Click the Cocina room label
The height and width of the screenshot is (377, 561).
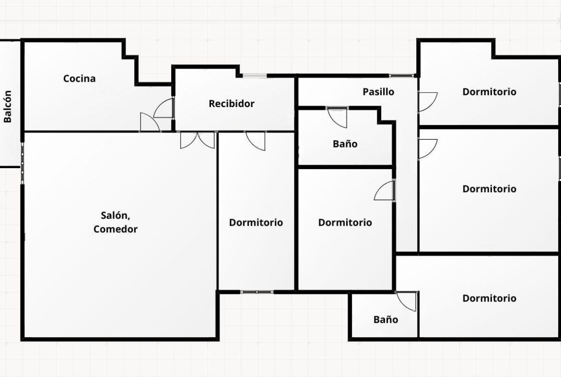pos(80,78)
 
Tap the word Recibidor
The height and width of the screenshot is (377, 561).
pos(232,104)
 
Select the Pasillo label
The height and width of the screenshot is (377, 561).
pos(378,92)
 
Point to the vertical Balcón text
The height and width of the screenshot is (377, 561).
pos(8,107)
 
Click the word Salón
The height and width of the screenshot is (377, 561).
pos(115,216)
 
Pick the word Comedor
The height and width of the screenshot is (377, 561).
pos(115,229)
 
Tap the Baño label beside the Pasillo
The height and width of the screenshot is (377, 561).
pos(345,144)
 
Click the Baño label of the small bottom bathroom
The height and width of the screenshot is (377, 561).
pos(386,319)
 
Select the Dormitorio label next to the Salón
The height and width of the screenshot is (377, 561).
pos(256,222)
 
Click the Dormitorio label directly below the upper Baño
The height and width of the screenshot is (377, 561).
pos(345,222)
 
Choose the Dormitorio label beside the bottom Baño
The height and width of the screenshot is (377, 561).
pos(489,298)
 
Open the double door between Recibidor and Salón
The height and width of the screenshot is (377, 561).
pos(198,140)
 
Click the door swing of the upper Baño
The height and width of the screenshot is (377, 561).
pos(338,118)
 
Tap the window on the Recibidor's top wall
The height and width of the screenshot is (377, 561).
pos(255,75)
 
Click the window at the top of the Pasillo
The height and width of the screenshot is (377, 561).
pos(401,75)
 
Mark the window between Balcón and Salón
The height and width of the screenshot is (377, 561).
pos(22,163)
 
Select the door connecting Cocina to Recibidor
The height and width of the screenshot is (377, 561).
pos(164,108)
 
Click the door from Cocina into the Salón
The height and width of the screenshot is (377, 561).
pos(150,122)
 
